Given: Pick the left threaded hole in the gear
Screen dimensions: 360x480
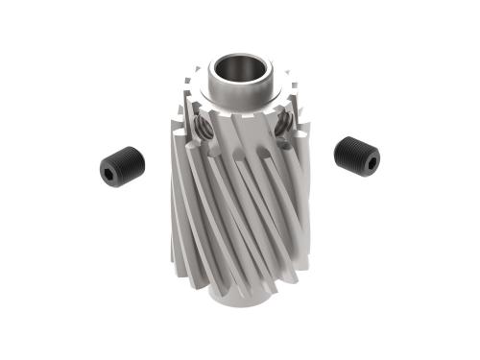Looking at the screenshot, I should (x=203, y=128).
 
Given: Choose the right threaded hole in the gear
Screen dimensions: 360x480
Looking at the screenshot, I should (x=284, y=124).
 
